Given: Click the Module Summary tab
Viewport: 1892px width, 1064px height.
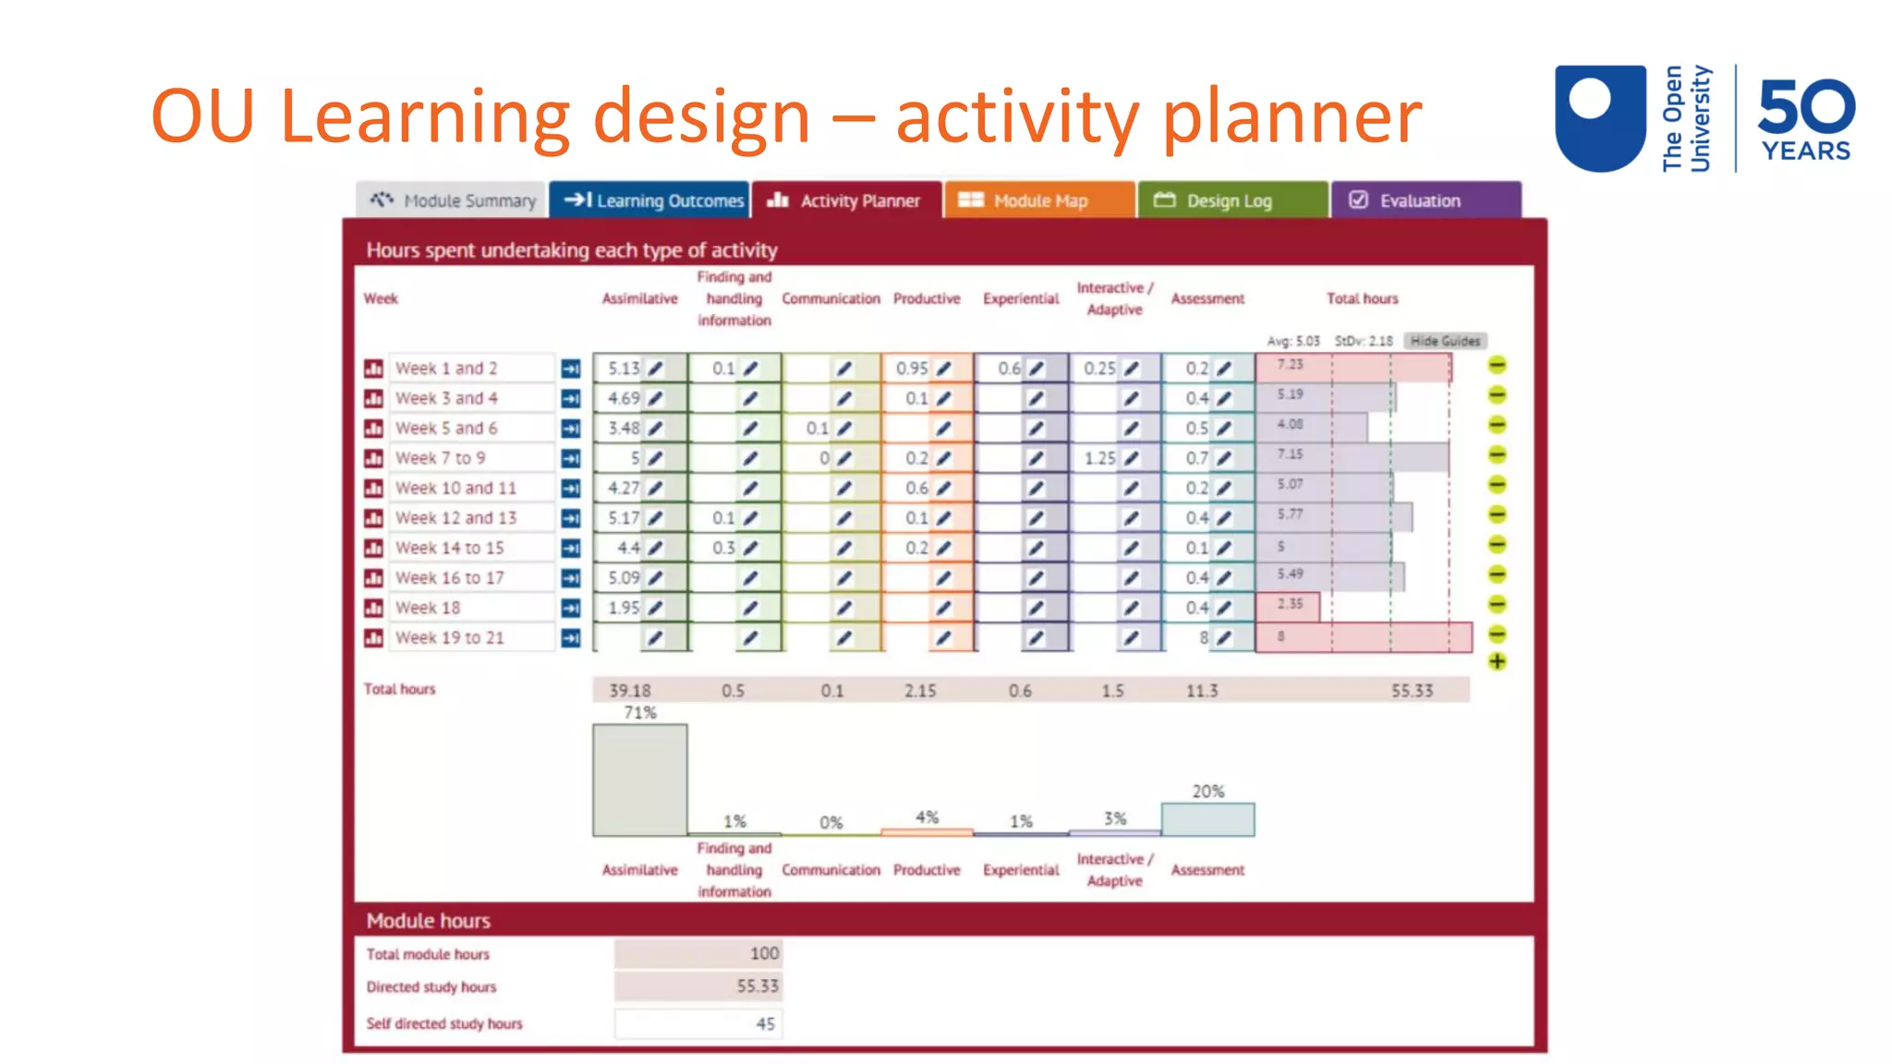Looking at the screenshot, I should pyautogui.click(x=453, y=200).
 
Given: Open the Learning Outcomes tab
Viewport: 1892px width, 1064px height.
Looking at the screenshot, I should pyautogui.click(x=650, y=200).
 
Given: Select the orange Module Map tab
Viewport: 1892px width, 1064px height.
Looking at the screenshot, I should pyautogui.click(x=1038, y=200).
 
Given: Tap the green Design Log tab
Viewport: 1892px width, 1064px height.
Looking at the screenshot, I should pyautogui.click(x=1231, y=200).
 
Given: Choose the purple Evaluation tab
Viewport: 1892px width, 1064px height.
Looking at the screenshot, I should pyautogui.click(x=1424, y=200).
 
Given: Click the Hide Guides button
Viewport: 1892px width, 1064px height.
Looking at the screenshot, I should pyautogui.click(x=1444, y=341).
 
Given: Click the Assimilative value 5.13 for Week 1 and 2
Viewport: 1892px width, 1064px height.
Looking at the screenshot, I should pyautogui.click(x=624, y=369).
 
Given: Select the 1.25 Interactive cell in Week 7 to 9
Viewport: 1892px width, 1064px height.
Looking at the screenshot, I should pyautogui.click(x=1099, y=458).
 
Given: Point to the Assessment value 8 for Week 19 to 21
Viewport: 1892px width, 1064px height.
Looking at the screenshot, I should pyautogui.click(x=1203, y=637).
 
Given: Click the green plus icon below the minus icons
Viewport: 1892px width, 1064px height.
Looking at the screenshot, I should pyautogui.click(x=1497, y=661).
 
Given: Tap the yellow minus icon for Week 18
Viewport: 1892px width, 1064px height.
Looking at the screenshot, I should pyautogui.click(x=1497, y=605).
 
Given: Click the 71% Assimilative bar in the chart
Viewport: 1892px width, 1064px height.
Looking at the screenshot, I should pyautogui.click(x=639, y=780).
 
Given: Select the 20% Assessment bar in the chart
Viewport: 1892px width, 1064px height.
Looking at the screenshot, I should pyautogui.click(x=1207, y=819).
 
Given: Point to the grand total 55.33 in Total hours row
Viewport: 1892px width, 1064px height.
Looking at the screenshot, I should pyautogui.click(x=1412, y=691).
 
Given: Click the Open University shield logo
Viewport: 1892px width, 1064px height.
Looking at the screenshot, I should pyautogui.click(x=1600, y=117).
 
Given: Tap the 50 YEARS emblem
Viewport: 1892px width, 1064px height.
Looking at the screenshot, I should pyautogui.click(x=1805, y=119).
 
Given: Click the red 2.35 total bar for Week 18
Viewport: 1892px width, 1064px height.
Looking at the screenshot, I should pyautogui.click(x=1288, y=606).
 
